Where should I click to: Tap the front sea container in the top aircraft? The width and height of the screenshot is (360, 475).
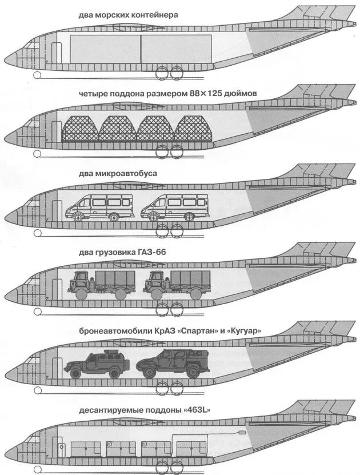(x=105, y=49)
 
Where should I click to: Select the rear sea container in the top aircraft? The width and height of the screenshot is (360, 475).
(x=176, y=49)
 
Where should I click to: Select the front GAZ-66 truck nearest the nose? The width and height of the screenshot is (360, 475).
(x=99, y=285)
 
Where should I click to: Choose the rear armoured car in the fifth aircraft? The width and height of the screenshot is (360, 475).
(x=166, y=364)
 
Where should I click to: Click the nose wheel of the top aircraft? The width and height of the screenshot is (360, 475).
(x=37, y=74)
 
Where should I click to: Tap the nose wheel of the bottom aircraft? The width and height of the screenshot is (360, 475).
(x=37, y=469)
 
